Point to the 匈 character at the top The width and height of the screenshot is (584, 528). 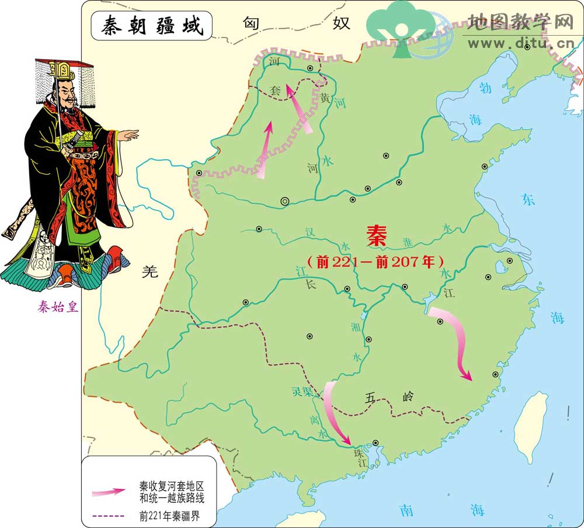252,24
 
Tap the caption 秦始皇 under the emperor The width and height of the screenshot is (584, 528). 58,307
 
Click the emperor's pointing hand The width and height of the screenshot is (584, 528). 130,136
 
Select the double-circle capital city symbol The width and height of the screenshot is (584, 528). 285,201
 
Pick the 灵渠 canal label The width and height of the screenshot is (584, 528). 303,391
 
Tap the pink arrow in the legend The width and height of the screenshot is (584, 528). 109,492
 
